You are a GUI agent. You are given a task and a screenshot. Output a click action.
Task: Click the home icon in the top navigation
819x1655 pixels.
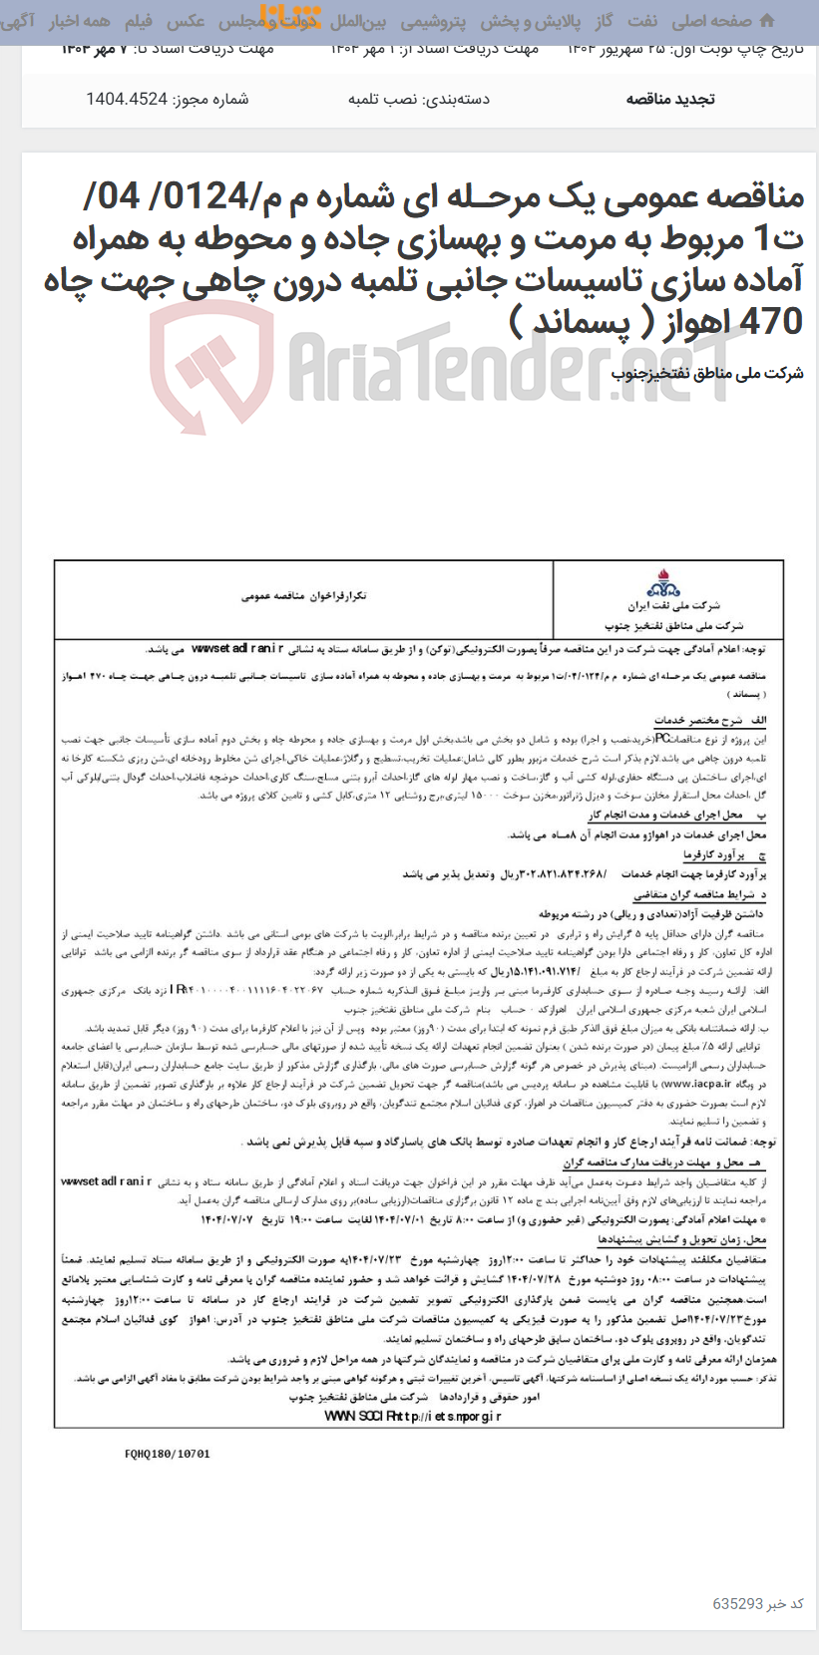coord(766,20)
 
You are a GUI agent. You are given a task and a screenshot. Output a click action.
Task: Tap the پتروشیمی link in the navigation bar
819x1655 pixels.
coord(432,20)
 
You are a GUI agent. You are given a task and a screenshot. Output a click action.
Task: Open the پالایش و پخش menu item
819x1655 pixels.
coord(529,20)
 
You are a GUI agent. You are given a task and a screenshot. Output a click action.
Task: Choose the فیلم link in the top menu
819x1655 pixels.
coord(139,20)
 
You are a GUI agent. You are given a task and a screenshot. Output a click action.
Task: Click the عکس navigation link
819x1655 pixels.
coord(186,20)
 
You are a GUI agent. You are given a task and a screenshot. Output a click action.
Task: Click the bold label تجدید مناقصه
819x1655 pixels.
coord(669,99)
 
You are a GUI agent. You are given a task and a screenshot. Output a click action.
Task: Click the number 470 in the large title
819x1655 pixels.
coord(772,322)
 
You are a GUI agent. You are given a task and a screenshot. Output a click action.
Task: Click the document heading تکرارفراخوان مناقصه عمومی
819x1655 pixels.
coord(303,595)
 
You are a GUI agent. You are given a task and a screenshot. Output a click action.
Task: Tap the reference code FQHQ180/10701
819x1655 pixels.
coord(168,1454)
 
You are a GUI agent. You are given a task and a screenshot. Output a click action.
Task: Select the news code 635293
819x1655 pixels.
coord(737,1603)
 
